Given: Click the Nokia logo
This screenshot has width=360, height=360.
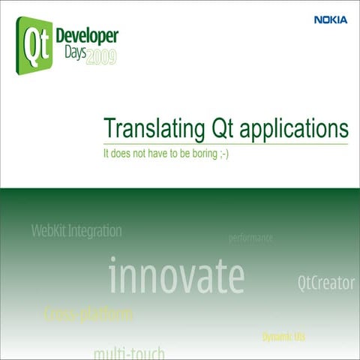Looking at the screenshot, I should pyautogui.click(x=331, y=20).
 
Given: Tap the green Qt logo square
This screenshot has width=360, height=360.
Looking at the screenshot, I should pyautogui.click(x=32, y=46).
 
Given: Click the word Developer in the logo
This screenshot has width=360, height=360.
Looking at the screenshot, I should pyautogui.click(x=85, y=38).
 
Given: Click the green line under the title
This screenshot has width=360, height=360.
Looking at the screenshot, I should pyautogui.click(x=225, y=142).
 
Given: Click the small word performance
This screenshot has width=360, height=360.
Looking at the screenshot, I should pyautogui.click(x=250, y=238).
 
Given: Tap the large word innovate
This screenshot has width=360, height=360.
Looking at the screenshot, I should pyautogui.click(x=176, y=276).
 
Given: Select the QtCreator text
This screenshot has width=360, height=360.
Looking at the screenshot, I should pyautogui.click(x=325, y=283).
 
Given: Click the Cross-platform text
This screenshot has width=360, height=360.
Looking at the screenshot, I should pyautogui.click(x=88, y=313).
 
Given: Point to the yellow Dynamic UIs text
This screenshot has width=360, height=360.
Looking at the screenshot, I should pyautogui.click(x=283, y=337).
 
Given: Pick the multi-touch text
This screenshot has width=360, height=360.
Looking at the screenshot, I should pyautogui.click(x=128, y=352).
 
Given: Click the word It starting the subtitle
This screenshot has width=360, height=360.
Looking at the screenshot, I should pyautogui.click(x=106, y=153).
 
